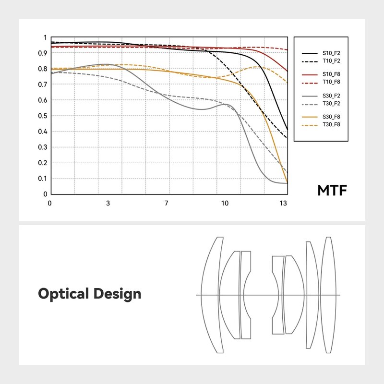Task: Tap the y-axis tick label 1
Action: (45, 37)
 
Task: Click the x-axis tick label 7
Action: (167, 203)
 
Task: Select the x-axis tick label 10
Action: (225, 203)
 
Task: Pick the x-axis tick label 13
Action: (284, 203)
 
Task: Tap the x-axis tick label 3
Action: (108, 203)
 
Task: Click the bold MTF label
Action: (331, 191)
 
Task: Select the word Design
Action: (118, 294)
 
